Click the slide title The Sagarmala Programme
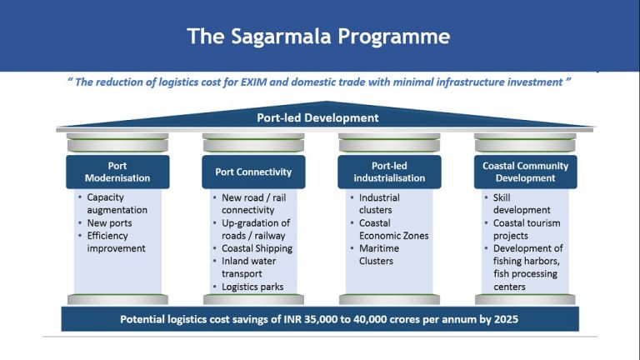(x=319, y=36)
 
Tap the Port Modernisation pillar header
(x=117, y=172)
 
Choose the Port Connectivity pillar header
(x=253, y=172)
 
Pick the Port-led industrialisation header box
(x=386, y=172)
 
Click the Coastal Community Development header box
(x=525, y=172)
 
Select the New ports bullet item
(x=109, y=223)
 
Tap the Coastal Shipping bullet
(x=257, y=248)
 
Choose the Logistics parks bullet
(x=252, y=287)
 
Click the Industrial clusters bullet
(x=379, y=204)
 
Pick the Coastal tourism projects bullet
(x=526, y=229)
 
